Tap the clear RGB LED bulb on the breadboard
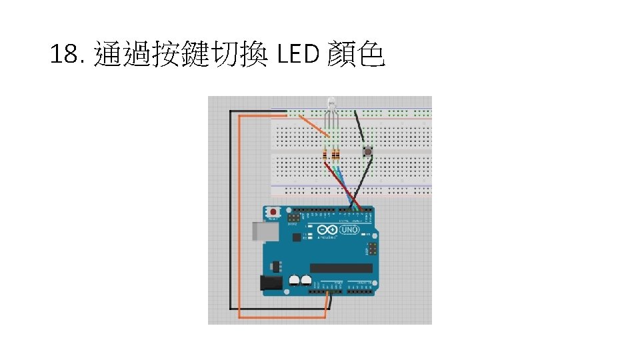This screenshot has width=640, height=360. [332, 105]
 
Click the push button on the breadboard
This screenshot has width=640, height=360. [367, 153]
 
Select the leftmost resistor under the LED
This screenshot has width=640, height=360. [325, 155]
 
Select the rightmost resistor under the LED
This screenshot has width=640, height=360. [335, 155]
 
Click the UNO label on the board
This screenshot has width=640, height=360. [350, 230]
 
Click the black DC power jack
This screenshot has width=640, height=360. [271, 283]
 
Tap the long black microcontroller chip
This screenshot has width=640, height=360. [341, 268]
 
